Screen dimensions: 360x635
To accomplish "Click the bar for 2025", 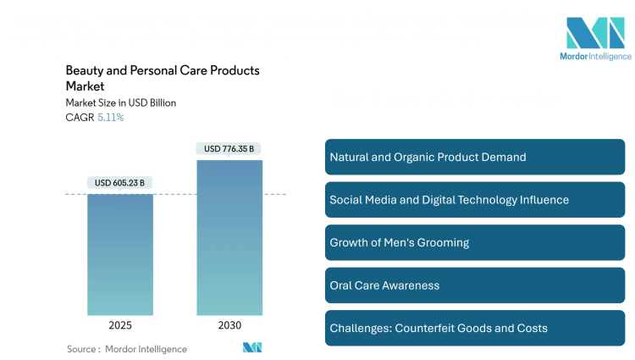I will [x=120, y=254].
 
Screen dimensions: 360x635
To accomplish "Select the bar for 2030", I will [x=229, y=237].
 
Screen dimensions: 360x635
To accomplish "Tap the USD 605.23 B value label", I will [x=120, y=182].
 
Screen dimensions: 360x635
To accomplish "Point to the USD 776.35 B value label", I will [x=229, y=149].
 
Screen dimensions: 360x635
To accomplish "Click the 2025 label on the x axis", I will [x=120, y=325].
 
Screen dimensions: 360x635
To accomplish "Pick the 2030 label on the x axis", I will [x=229, y=325].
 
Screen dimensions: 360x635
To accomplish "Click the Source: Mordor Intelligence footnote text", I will [x=126, y=348].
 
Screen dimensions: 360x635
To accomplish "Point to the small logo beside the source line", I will [x=252, y=347].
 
